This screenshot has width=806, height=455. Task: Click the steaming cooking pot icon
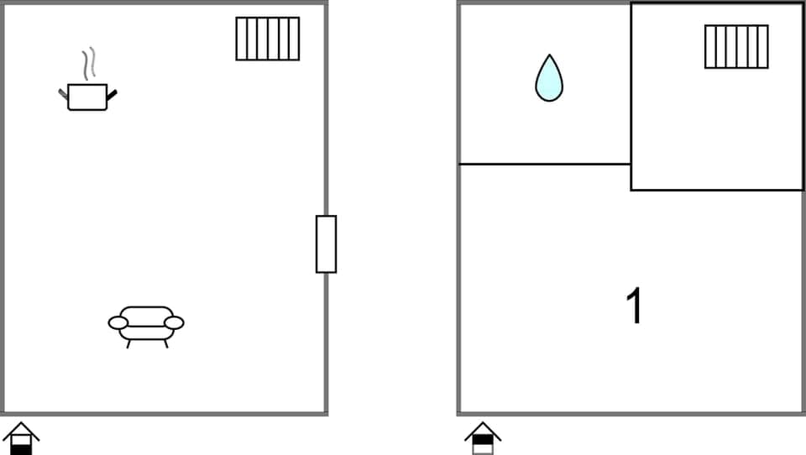pos(87,97)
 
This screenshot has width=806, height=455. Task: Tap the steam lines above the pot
pos(88,63)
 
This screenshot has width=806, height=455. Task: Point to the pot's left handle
pos(63,92)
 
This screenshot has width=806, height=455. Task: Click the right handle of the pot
pos(112,93)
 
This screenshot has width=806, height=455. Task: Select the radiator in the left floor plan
pos(268,39)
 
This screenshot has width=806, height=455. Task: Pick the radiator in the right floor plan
pos(736,46)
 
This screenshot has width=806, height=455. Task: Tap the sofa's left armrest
pos(118,323)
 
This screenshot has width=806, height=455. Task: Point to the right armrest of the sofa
pos(174,323)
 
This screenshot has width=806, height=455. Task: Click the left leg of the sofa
pos(128,343)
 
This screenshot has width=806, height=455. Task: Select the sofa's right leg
pos(165,343)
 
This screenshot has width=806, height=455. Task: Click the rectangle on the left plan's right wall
pos(326,244)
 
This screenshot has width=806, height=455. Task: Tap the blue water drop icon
pos(549,79)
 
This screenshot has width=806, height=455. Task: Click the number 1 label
pos(636,306)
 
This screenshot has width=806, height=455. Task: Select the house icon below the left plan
pos(21,438)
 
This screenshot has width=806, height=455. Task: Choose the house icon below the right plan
pos(483,438)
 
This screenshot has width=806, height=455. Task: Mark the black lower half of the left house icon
pos(21,449)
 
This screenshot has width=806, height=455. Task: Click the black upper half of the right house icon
pos(483,439)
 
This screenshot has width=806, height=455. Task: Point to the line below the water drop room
pos(544,164)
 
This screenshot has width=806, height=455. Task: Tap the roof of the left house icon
pos(21,429)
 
